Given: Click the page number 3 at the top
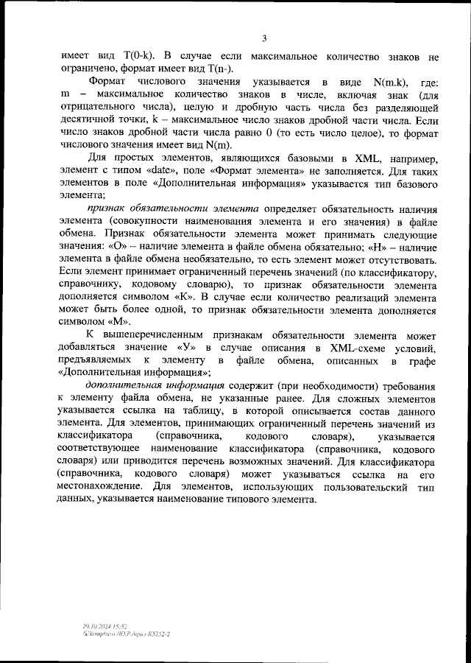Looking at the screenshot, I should [263, 38].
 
